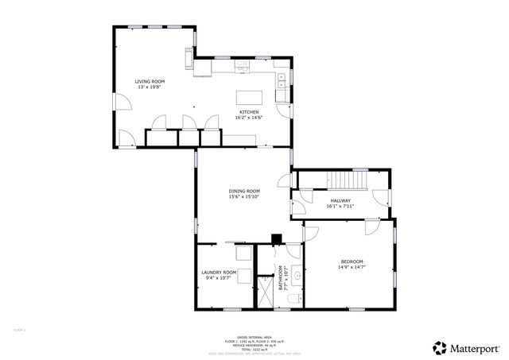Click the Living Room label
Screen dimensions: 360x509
(150, 82)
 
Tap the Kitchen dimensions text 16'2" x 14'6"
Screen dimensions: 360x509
(249, 118)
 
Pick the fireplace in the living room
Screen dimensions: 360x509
(189, 60)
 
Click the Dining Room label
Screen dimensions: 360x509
(244, 191)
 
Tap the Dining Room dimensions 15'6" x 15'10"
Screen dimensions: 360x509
(244, 197)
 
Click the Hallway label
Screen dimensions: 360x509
(340, 200)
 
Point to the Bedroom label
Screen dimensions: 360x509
(352, 261)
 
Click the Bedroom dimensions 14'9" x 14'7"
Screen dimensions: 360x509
(352, 268)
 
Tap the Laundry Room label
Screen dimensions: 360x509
(219, 272)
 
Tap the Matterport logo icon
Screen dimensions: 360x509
(439, 347)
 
